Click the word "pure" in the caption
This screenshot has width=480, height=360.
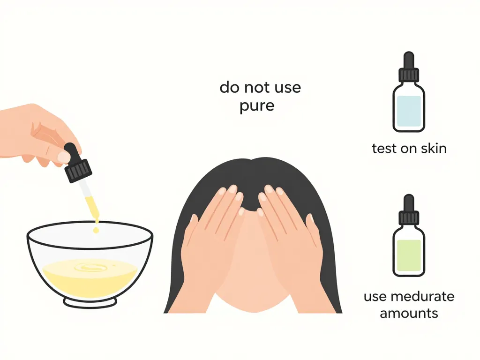pos(256,106)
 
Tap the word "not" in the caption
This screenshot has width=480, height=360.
pos(260,87)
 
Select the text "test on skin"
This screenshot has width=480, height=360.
pos(409,149)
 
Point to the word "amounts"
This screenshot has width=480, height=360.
pos(409,313)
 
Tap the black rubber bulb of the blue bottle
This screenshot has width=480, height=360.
pos(409,60)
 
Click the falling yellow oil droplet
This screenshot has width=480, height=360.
pos(96,230)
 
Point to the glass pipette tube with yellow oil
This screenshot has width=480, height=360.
pos(90,199)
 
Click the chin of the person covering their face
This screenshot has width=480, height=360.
pos(253,305)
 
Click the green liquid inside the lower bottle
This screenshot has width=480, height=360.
pos(409,255)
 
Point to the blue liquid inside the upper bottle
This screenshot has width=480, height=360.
pos(409,112)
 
